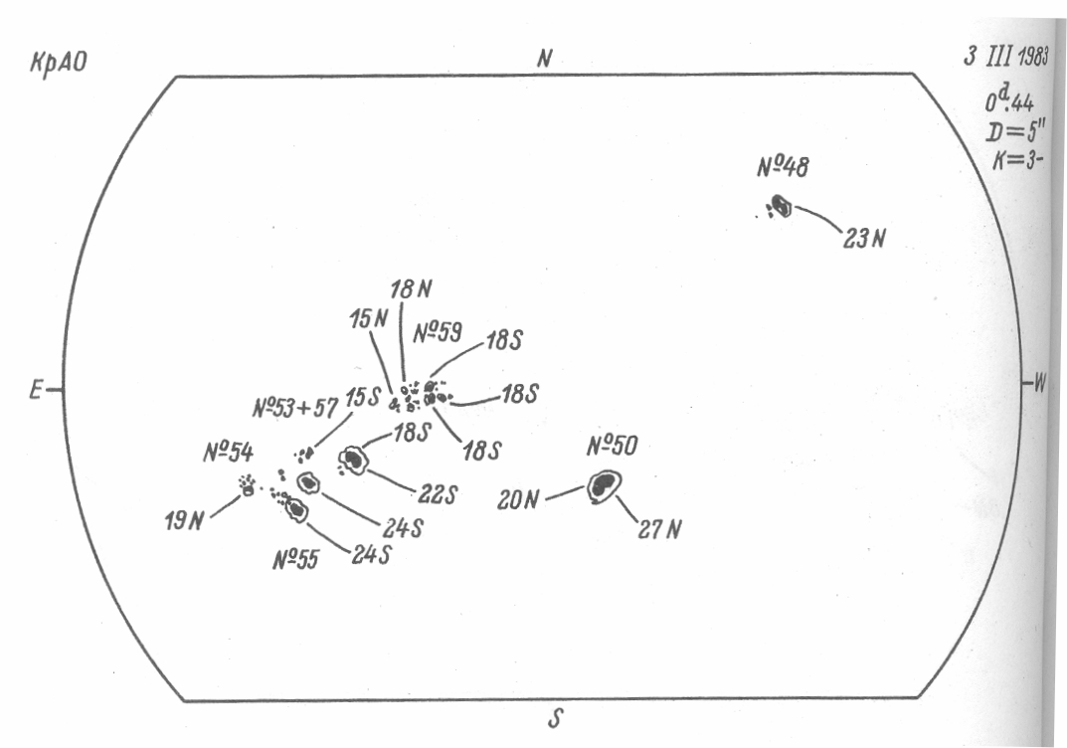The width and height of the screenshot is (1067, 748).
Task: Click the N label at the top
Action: click(544, 59)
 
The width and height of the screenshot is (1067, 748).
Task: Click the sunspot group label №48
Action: click(783, 169)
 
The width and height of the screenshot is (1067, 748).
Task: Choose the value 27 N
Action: click(660, 529)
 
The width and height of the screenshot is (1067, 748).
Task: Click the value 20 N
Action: click(518, 499)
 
